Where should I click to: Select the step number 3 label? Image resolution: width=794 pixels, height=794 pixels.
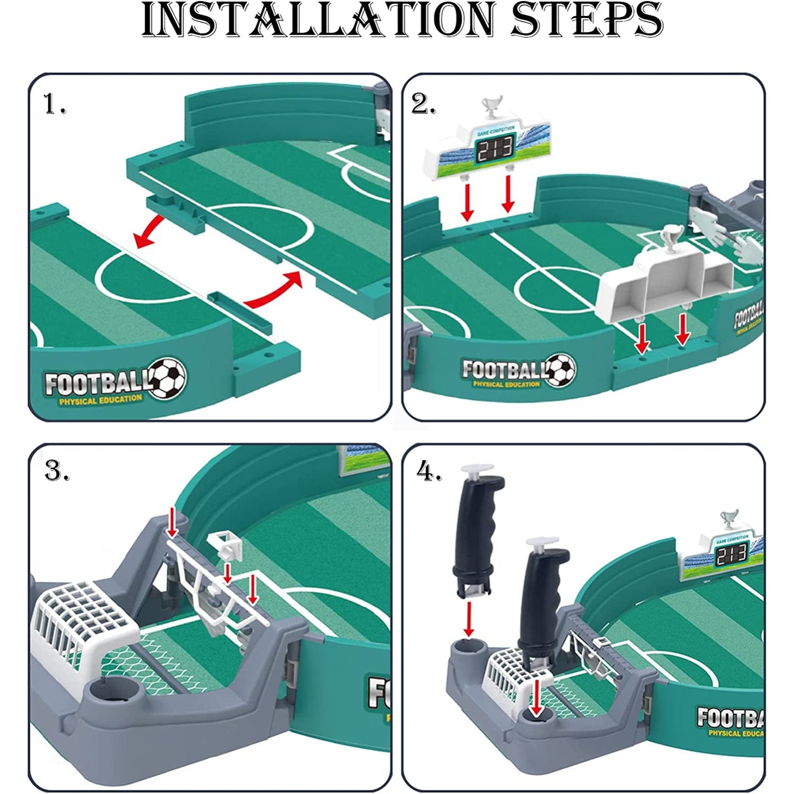click(x=57, y=471)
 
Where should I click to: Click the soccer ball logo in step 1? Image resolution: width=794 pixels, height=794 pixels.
click(x=168, y=378)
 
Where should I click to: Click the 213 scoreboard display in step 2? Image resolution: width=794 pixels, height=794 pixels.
click(x=494, y=148)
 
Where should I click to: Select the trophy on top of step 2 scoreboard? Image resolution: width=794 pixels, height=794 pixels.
click(x=492, y=106)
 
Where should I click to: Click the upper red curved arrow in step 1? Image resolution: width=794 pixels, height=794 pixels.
click(x=152, y=232)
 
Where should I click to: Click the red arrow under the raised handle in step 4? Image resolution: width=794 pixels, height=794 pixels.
click(x=468, y=618)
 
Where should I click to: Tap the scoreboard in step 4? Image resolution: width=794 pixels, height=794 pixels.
click(x=722, y=552)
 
